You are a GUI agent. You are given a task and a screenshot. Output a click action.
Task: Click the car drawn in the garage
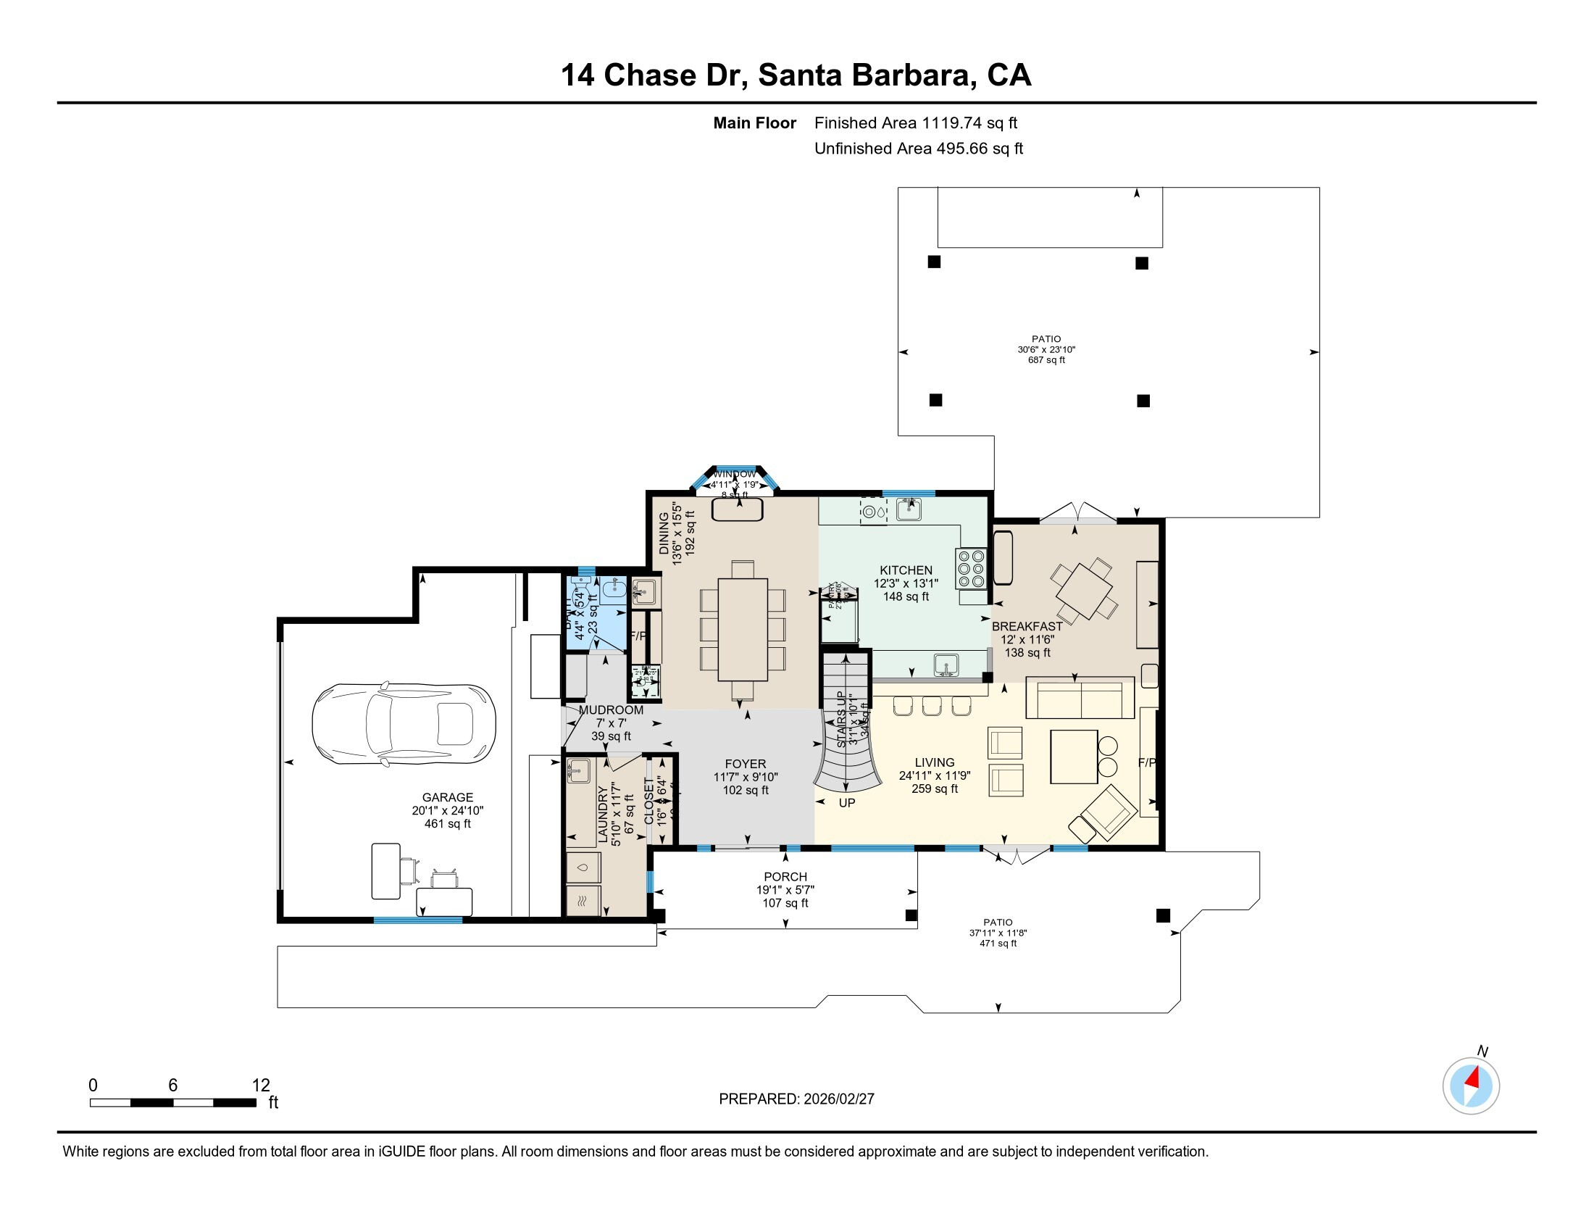404,724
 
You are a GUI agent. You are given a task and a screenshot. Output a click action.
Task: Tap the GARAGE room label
447,798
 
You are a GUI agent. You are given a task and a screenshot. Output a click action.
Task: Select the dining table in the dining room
742,629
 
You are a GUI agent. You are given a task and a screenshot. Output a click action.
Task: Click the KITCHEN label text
906,570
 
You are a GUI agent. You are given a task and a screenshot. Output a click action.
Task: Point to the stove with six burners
972,569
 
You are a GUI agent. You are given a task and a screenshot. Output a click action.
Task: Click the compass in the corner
1471,1086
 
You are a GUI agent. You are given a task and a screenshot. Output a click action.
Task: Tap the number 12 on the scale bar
261,1086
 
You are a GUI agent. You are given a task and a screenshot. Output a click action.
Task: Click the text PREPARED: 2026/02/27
796,1099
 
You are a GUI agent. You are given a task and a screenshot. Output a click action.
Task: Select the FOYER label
745,764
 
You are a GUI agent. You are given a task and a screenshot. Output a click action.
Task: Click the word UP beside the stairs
846,803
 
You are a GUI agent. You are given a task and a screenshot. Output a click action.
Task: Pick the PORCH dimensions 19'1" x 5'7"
785,890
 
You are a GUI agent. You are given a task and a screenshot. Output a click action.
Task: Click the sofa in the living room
1080,699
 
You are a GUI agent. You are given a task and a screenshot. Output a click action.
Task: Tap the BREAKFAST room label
1027,626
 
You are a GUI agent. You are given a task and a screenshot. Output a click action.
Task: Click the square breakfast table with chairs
1084,588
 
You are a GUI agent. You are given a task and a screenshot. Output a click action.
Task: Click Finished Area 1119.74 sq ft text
915,123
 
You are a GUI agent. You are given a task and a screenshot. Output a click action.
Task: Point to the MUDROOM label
611,710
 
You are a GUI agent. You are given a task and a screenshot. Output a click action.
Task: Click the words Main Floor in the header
754,123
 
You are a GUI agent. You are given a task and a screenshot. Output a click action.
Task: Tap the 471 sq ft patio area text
998,944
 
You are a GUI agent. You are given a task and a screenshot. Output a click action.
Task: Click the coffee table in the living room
1074,757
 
